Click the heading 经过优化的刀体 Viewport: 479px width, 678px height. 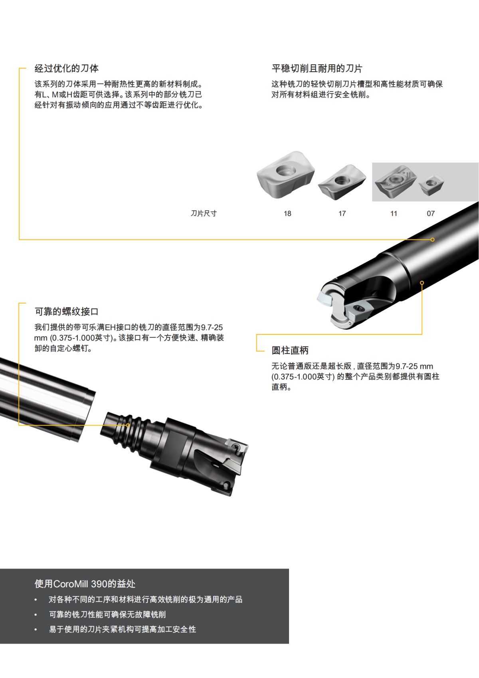pos(67,68)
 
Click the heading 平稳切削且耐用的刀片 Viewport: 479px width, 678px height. pos(317,68)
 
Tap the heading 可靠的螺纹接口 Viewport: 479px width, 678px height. pos(67,312)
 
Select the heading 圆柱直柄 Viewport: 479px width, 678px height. pos(290,350)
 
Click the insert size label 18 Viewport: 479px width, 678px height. pos(287,213)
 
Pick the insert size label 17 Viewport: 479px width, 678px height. pos(342,213)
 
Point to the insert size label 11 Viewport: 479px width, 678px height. pos(394,213)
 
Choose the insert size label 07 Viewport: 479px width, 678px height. pos(431,213)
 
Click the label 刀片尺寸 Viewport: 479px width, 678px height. pos(204,213)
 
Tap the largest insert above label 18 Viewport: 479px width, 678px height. pos(285,175)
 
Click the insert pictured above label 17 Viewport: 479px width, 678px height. pos(342,182)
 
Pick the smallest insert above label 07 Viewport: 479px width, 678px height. pos(431,185)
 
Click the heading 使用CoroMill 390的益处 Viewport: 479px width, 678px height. pos(85,584)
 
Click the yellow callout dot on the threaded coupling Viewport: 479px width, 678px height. pos(128,425)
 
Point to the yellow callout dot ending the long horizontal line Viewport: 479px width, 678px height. pos(432,240)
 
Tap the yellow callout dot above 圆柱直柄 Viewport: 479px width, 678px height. pos(422,283)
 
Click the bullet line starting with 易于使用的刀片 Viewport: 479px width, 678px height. pos(123,629)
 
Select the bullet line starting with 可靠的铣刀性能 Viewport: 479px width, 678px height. pos(107,614)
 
